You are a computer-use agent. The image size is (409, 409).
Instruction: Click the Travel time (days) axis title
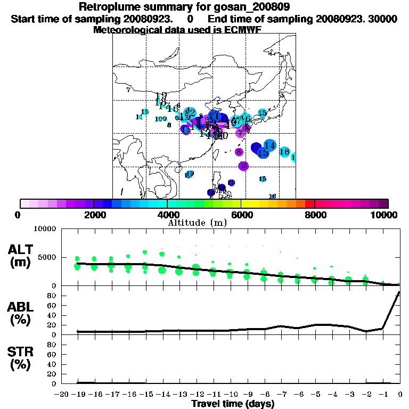[233, 404]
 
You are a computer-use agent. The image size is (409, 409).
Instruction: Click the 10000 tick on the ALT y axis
[45, 229]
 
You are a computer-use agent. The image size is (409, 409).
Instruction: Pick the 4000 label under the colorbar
[167, 215]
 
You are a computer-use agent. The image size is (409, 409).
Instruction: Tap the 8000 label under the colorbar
[314, 215]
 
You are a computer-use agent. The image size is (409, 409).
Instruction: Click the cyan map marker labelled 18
[284, 152]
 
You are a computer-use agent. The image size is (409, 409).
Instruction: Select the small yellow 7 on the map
[128, 89]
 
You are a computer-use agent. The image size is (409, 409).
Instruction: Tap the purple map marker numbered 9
[243, 166]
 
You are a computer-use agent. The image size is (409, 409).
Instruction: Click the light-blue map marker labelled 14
[269, 145]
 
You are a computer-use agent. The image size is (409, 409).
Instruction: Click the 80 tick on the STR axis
[53, 345]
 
